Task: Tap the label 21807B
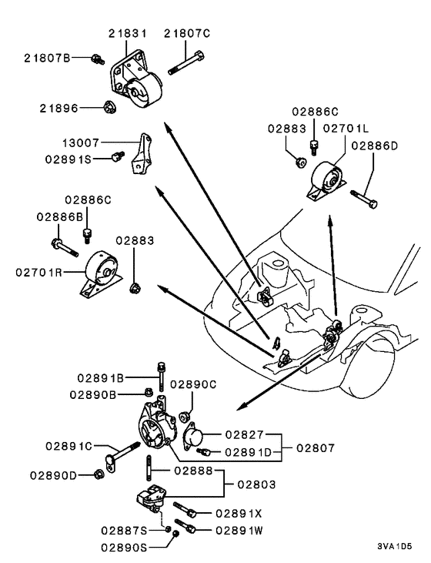(47, 58)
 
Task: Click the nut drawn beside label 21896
(109, 108)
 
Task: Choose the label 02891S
(68, 159)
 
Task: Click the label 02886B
(58, 217)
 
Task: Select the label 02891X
(239, 512)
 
